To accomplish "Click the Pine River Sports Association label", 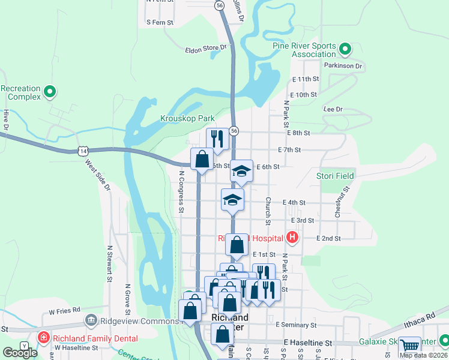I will [305, 50].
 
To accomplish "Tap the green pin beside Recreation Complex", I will [50, 92].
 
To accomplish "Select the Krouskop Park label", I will [187, 118].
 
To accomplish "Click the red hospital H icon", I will [292, 238].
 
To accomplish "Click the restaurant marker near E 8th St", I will [216, 139].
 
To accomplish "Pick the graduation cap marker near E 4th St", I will [232, 200].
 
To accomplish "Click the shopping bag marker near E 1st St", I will [237, 244].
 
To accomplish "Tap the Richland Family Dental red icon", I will [43, 338].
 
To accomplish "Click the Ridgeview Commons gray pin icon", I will [91, 319].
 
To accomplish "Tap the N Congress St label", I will [181, 192].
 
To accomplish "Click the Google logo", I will [20, 353].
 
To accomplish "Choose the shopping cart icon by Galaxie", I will [409, 346].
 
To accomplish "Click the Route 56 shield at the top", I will [220, 5].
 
